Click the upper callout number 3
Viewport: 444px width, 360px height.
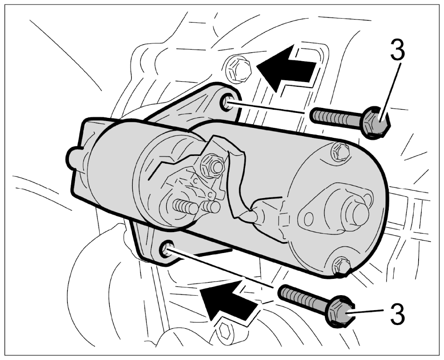pyautogui.click(x=397, y=50)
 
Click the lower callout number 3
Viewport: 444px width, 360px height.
pyautogui.click(x=397, y=314)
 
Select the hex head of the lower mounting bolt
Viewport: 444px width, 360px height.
pyautogui.click(x=340, y=312)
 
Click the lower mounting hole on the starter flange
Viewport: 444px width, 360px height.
pyautogui.click(x=167, y=248)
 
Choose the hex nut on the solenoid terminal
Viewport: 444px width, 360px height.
pyautogui.click(x=212, y=166)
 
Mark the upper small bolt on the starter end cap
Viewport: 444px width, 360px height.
pyautogui.click(x=340, y=151)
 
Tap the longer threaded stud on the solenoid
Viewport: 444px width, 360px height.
pyautogui.click(x=185, y=206)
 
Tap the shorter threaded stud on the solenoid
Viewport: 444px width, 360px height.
pyautogui.click(x=211, y=207)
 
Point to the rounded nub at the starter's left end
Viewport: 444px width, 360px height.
pyautogui.click(x=73, y=158)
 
